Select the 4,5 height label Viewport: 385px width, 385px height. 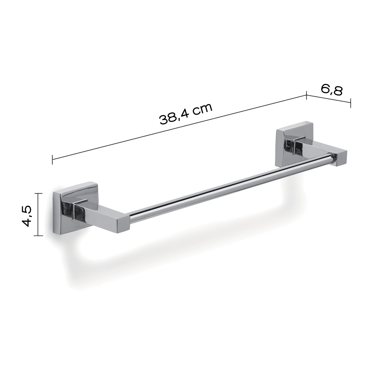coord(27,216)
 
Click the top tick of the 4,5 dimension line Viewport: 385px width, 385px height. coord(38,193)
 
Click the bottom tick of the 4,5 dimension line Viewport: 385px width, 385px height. coord(38,235)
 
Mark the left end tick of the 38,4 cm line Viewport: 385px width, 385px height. coord(53,159)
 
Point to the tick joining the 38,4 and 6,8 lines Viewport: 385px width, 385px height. coord(306,96)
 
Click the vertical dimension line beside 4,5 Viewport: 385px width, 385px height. coord(38,214)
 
